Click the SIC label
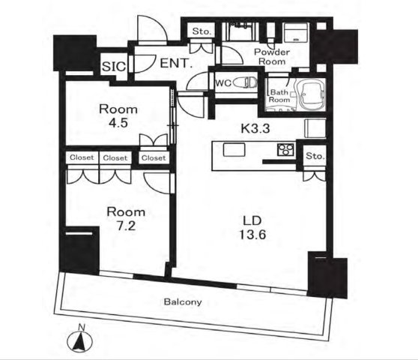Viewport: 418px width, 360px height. pos(114,67)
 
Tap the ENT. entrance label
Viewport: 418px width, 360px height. pos(176,63)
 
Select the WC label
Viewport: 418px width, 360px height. pos(223,83)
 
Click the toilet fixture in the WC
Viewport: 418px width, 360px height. pos(245,82)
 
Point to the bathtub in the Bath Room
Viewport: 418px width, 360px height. pos(310,94)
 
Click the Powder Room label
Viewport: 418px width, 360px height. pos(272,56)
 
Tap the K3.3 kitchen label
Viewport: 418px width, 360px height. pos(255,129)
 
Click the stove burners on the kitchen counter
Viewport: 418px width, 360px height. pos(285,149)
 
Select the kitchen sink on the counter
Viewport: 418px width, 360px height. pos(234,149)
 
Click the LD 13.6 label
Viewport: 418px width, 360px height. pos(252,228)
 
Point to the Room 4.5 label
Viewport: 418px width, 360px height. pos(118,116)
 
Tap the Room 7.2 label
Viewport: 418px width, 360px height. pos(126,219)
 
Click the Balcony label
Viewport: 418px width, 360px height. pos(183,301)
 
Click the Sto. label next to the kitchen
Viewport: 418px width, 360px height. pos(315,156)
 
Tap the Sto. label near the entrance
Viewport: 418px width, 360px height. pos(202,31)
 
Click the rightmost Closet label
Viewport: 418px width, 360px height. pos(154,158)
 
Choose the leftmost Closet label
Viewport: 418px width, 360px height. pos(82,157)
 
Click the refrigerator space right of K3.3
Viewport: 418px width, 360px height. pos(315,128)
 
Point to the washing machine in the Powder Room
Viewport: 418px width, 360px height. pos(296,32)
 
